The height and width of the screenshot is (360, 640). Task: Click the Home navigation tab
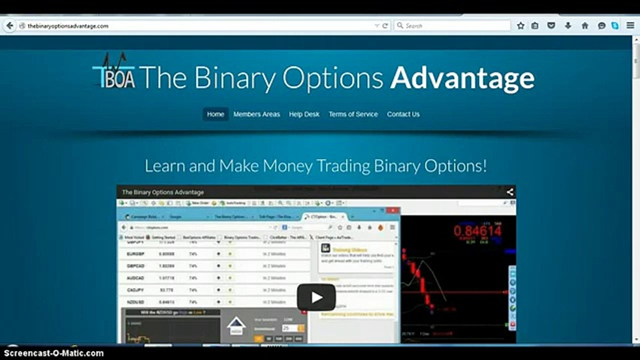tap(215, 114)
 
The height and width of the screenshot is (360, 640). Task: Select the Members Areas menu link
tap(256, 114)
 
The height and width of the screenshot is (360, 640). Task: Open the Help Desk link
tap(304, 114)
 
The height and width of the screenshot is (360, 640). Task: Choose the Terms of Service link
tap(353, 114)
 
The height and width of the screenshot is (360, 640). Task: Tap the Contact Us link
tap(403, 114)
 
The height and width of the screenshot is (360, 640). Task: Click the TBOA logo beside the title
tap(114, 74)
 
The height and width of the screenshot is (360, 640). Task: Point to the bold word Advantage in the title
tap(462, 78)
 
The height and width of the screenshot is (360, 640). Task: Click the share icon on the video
tap(509, 192)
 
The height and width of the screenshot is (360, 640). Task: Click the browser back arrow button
tap(9, 25)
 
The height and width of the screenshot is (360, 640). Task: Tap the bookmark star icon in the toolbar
tap(520, 25)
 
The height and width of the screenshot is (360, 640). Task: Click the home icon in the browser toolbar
tap(584, 25)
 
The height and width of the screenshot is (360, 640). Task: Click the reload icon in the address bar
tap(385, 25)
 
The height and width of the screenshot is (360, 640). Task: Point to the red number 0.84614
tap(477, 230)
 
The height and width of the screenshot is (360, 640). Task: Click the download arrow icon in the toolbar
tap(568, 25)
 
